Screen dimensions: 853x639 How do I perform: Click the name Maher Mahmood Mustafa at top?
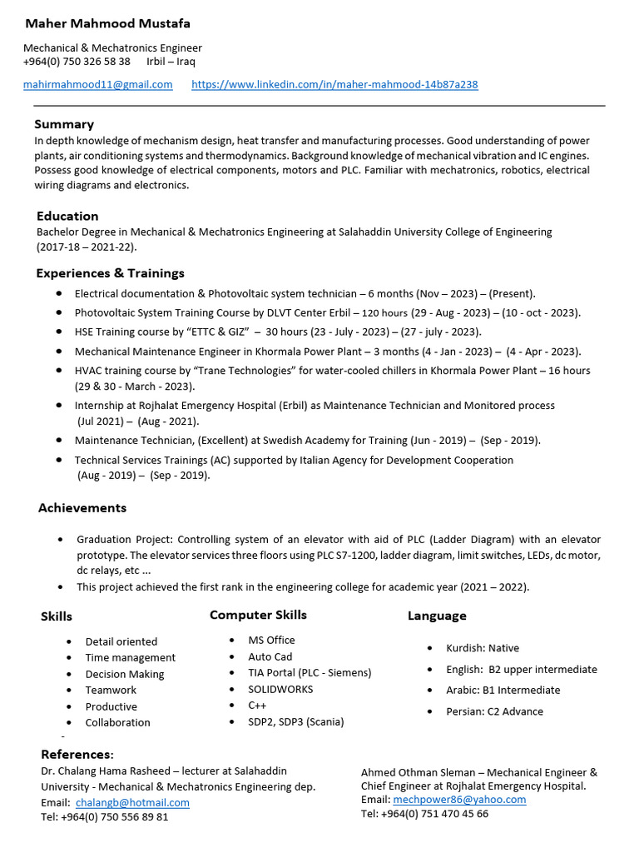107,23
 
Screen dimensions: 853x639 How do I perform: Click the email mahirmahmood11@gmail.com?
98,84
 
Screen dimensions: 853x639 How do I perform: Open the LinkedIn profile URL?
334,84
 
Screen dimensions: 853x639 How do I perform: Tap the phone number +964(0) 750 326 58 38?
77,62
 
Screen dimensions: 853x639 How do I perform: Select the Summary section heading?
64,124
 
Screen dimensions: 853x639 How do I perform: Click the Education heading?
67,216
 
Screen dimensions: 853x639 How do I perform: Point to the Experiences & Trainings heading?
110,273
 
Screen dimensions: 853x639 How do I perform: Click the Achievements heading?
82,507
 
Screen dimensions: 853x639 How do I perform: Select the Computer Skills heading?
258,615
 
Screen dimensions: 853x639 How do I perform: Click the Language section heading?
437,616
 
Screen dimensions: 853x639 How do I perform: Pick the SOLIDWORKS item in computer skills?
280,689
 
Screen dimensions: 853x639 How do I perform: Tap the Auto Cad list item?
270,656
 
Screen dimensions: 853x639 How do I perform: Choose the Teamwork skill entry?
111,690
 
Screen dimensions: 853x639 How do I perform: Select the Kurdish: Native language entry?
482,647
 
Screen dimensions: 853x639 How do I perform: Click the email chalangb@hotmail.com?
132,802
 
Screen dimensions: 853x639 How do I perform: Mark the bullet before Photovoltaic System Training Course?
58,312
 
